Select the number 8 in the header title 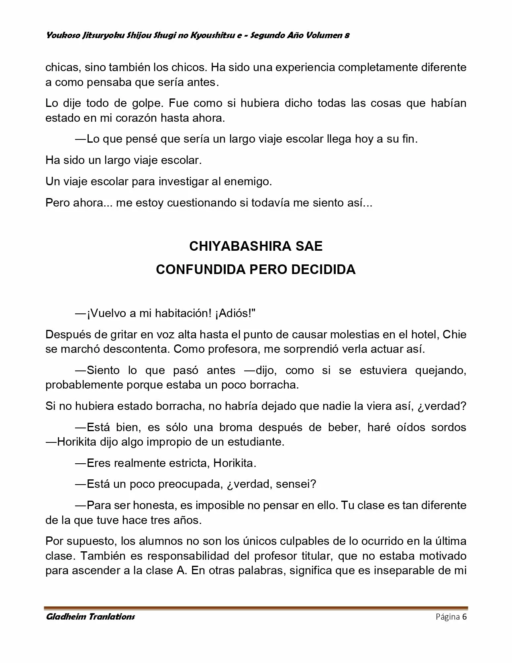pyautogui.click(x=347, y=35)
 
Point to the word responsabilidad pyautogui.click(x=186, y=556)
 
